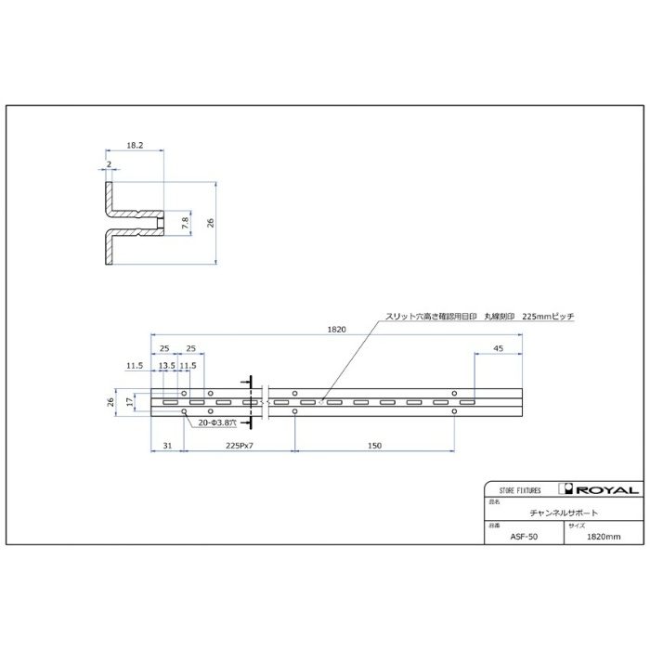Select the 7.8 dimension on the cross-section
click(x=185, y=223)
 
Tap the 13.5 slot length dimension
click(x=166, y=366)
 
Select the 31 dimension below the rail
click(x=166, y=447)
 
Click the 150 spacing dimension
click(x=373, y=447)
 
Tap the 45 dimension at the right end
click(x=499, y=348)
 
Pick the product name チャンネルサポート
click(x=563, y=513)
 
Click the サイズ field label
click(x=570, y=525)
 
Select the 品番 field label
click(x=493, y=525)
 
